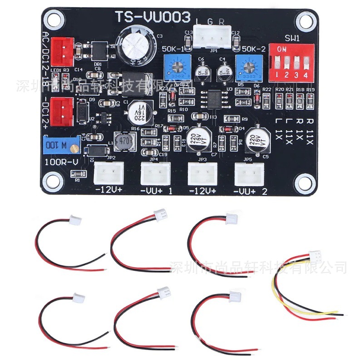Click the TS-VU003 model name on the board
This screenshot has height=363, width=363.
click(x=151, y=17)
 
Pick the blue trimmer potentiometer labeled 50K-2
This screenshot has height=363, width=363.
click(x=248, y=67)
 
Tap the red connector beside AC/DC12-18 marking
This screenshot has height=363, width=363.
click(x=63, y=50)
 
